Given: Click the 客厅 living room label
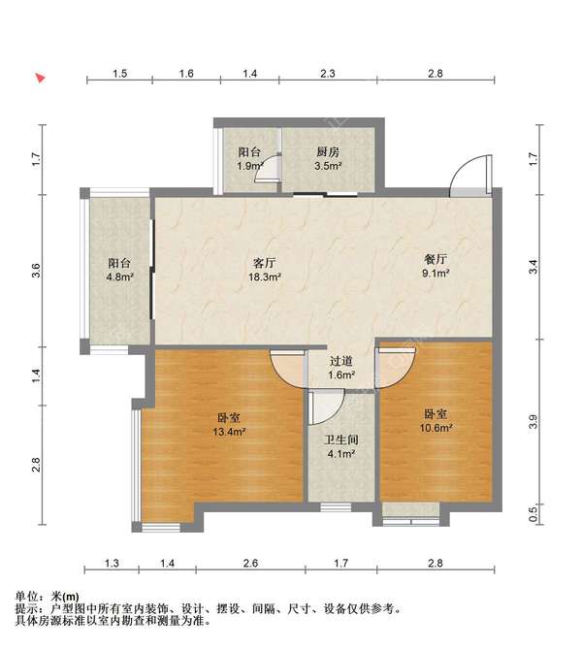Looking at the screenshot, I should tap(265, 262).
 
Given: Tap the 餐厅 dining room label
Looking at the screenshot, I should tap(436, 259).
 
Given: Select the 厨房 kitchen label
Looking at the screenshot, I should tap(327, 152).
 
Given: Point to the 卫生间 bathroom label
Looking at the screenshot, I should tap(341, 439).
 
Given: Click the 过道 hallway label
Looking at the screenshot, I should tap(341, 360).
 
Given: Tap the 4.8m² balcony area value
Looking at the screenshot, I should tap(119, 276).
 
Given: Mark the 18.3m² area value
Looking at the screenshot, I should tap(265, 276).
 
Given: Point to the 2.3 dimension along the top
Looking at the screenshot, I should tap(328, 74).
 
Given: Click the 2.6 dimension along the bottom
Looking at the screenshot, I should tap(250, 563).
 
